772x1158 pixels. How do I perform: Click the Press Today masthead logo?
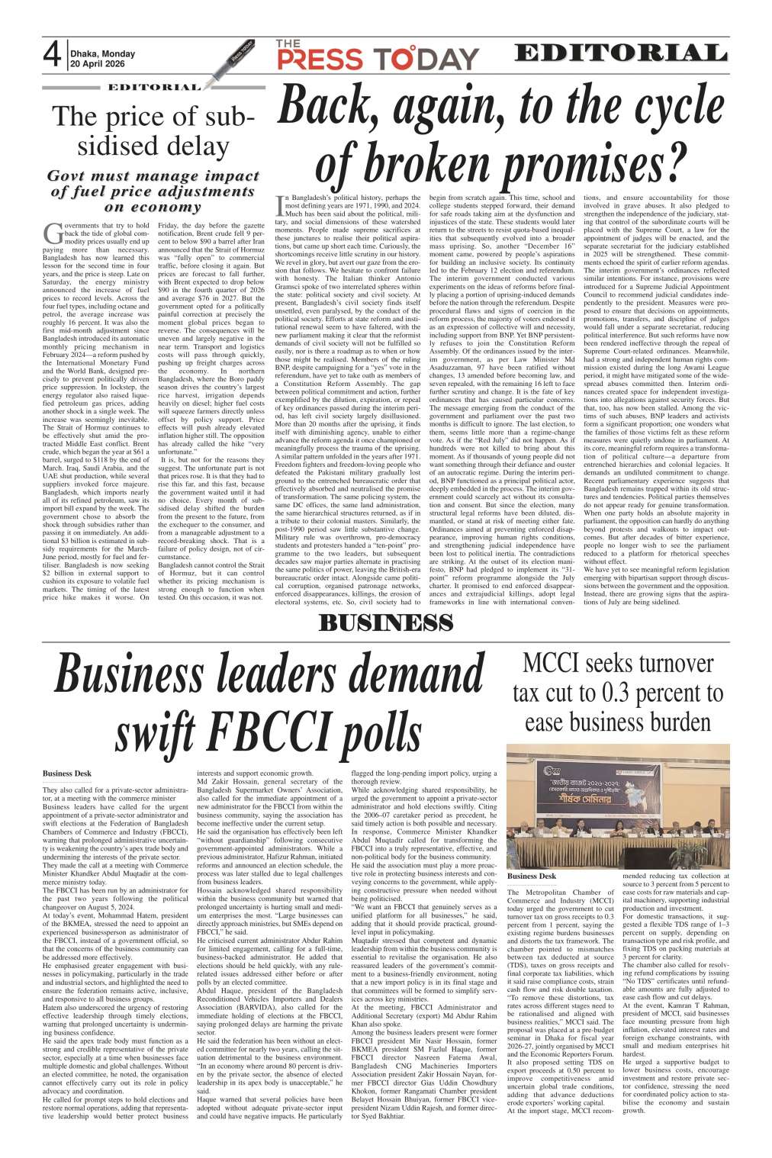[x=378, y=56]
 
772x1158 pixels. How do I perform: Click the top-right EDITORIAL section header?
[x=619, y=53]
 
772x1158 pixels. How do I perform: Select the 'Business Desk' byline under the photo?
[x=553, y=877]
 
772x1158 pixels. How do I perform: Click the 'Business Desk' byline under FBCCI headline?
[x=68, y=774]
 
